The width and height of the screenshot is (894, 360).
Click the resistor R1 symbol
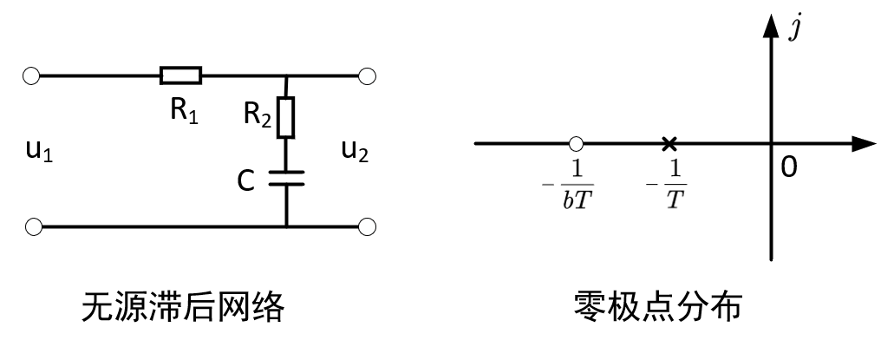point(180,76)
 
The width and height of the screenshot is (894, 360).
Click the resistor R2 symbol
point(286,117)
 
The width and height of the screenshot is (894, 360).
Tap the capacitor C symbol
point(286,180)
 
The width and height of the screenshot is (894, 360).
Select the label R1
point(184,113)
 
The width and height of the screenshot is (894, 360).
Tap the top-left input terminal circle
point(33,76)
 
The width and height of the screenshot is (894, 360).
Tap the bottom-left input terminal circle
point(33,227)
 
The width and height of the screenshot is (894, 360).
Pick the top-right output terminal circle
point(368,76)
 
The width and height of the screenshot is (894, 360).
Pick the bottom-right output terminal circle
point(368,227)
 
